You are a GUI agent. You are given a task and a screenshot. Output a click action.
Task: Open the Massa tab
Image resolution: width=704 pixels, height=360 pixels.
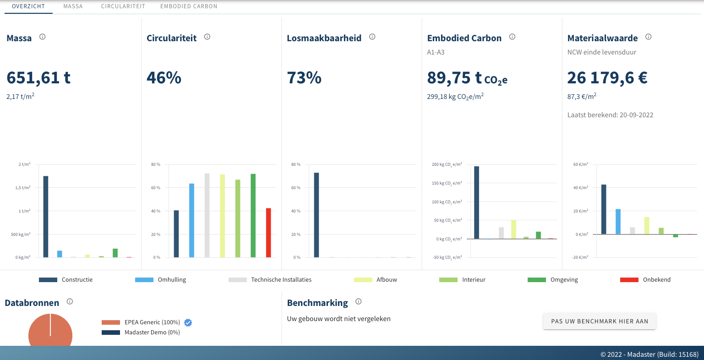point(73,6)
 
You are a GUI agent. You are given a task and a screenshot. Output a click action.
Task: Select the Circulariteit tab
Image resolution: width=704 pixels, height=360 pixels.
point(123,6)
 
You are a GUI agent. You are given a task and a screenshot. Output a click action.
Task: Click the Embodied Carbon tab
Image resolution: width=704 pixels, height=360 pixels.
point(189,6)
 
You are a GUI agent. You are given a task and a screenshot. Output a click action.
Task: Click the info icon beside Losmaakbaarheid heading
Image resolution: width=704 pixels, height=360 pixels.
point(372,37)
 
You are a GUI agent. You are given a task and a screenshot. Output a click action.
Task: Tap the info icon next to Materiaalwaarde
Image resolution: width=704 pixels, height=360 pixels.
point(648,37)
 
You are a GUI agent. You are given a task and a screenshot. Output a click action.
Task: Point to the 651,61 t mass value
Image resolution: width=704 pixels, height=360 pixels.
point(38,78)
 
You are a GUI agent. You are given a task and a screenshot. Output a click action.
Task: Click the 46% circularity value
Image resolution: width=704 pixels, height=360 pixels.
point(164,78)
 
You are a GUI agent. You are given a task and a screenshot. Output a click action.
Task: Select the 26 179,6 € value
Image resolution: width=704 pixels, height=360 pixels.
point(607,78)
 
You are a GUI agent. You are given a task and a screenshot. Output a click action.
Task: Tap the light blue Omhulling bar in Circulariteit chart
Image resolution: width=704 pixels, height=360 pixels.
point(191,220)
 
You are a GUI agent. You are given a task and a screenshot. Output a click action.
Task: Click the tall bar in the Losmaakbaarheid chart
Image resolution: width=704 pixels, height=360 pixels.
point(317,215)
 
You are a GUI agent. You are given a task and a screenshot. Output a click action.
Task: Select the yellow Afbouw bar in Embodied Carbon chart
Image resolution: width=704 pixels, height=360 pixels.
point(514,229)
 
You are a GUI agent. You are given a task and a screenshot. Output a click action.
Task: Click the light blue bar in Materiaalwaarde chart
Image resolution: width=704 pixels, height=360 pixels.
point(618,222)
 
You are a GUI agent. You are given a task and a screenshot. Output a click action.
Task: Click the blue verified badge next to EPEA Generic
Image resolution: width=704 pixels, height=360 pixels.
point(188,322)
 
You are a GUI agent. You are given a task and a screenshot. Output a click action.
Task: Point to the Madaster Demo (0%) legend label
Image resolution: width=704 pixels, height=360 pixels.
point(152,333)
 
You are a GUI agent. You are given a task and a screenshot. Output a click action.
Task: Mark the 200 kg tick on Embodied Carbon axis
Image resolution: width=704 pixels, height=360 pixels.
point(447,164)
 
